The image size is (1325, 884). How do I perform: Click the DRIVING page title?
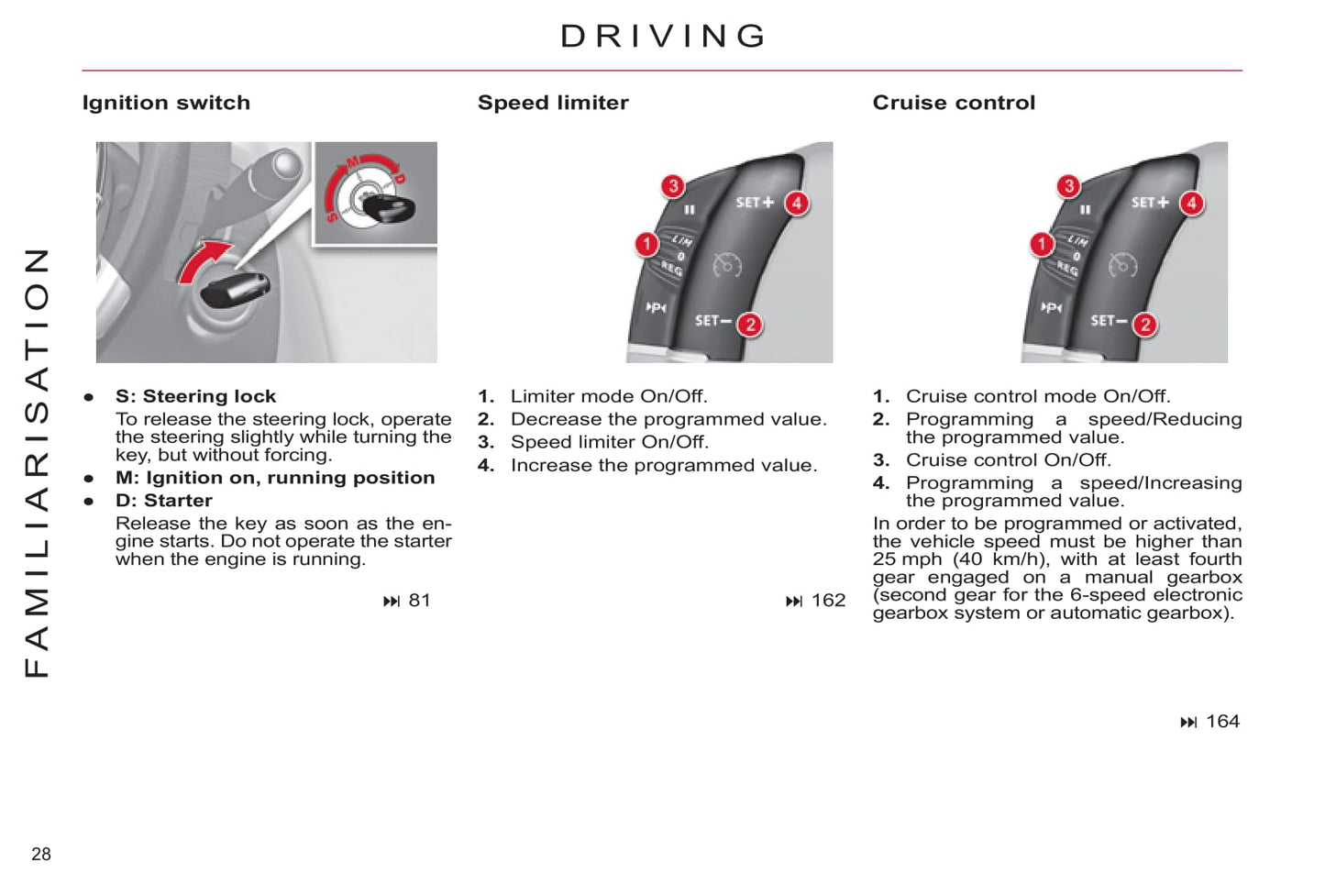click(663, 37)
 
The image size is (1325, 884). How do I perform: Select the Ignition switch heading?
click(166, 103)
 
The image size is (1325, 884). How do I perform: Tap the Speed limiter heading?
click(553, 103)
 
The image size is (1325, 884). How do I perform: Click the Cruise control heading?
click(954, 103)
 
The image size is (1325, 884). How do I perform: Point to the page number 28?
click(41, 854)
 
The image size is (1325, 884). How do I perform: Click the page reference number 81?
click(419, 601)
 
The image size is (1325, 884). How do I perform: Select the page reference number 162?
click(828, 601)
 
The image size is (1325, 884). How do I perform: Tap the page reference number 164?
click(1222, 722)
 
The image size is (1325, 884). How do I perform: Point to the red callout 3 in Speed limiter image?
click(673, 186)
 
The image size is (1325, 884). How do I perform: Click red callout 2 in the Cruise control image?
click(1144, 325)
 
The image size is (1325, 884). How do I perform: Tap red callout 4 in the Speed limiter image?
click(797, 203)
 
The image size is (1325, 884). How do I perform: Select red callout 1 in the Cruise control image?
click(1042, 244)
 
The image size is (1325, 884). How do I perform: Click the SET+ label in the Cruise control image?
click(1150, 202)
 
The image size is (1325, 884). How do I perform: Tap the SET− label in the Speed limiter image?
click(712, 321)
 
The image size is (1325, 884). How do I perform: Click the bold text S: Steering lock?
click(195, 396)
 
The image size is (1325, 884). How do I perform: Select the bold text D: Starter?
click(163, 501)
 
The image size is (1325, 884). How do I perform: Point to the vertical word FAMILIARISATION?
click(37, 463)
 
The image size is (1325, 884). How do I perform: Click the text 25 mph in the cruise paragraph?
click(907, 559)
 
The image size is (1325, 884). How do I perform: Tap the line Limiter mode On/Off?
click(609, 396)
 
